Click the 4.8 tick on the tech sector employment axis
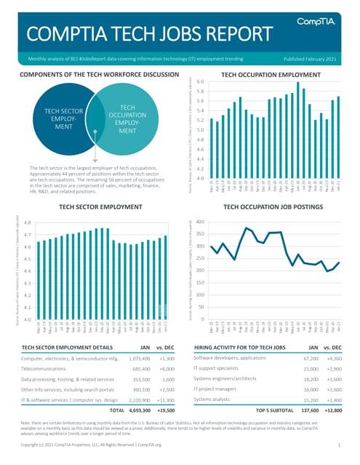(x=26, y=223)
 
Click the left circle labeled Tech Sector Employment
(x=64, y=116)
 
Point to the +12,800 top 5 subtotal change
(x=336, y=411)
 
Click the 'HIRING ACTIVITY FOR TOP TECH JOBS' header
(x=238, y=347)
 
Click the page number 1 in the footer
(x=340, y=442)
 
